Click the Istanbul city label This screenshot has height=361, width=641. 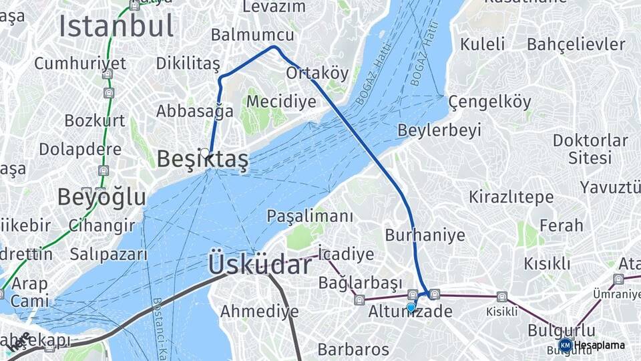[x=116, y=25]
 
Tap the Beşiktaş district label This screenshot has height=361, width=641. [x=202, y=159]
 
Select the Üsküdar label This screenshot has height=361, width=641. [x=259, y=264]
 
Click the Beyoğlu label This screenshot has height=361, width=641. [x=101, y=197]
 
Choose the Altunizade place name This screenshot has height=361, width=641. [x=410, y=312]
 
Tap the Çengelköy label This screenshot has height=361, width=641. [x=490, y=102]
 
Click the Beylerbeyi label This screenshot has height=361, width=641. [x=439, y=130]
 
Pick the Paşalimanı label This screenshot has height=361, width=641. [x=310, y=216]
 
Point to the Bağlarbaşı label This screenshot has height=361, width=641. [x=361, y=283]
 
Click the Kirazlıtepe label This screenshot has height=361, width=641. [x=511, y=197]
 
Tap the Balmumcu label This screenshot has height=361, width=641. [x=252, y=35]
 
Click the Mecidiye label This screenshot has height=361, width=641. [x=281, y=102]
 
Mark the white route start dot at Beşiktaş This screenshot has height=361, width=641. [x=204, y=152]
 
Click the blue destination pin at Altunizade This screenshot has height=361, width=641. [x=411, y=307]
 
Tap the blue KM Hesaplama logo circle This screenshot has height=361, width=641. [x=565, y=345]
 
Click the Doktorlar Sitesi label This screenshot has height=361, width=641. [x=590, y=149]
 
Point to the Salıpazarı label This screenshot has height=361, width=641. [x=108, y=254]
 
